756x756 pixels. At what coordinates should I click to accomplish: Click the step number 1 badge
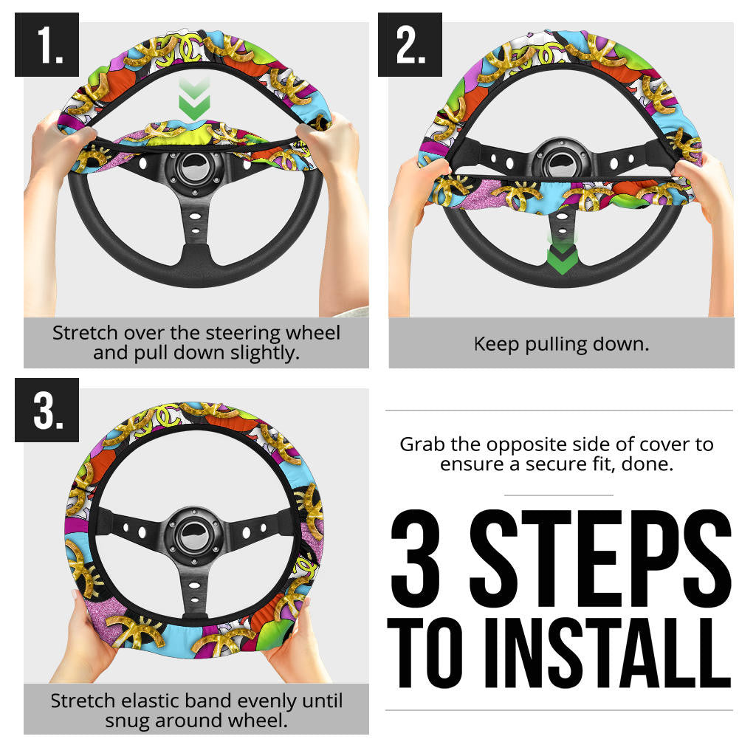47,44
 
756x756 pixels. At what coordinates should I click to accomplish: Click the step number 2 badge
410,44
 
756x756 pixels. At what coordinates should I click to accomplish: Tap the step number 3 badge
47,410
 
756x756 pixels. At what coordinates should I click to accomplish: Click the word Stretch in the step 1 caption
79,333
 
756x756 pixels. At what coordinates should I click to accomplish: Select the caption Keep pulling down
561,343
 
